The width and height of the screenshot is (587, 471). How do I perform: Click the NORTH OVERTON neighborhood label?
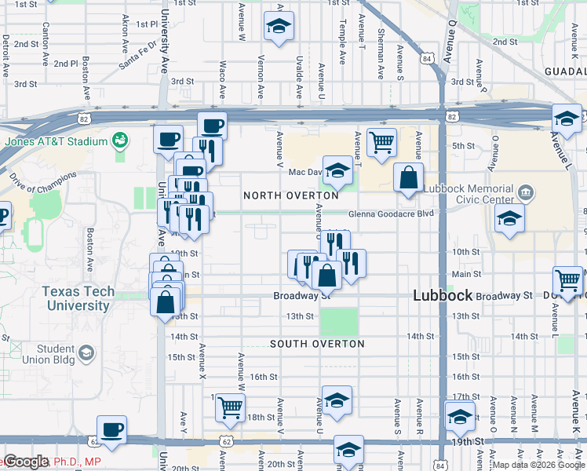pos(290,195)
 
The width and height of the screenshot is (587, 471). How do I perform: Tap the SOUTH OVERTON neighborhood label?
pos(317,344)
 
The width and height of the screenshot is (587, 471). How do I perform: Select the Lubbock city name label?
pos(443,295)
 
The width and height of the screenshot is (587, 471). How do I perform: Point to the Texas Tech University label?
pos(78,298)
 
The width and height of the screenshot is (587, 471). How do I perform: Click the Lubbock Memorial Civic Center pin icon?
pos(526,192)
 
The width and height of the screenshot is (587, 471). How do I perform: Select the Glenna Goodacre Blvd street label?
pos(391,214)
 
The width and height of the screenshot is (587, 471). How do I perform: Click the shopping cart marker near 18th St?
pos(231,407)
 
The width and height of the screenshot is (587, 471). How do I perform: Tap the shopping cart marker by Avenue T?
pos(381,143)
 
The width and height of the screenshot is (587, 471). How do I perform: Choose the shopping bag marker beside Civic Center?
pos(409,177)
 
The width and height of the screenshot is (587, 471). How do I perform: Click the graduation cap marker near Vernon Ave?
pos(279,26)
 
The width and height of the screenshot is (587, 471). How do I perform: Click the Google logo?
pos(26,462)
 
